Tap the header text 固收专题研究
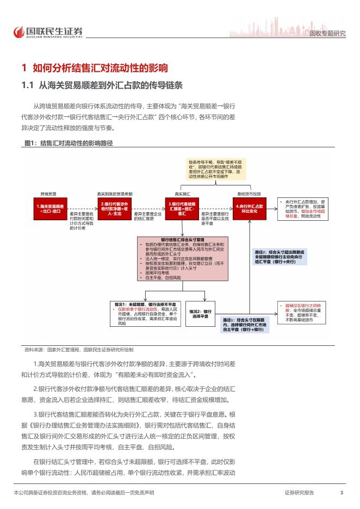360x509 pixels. [327, 34]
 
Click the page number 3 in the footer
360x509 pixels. [341, 493]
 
